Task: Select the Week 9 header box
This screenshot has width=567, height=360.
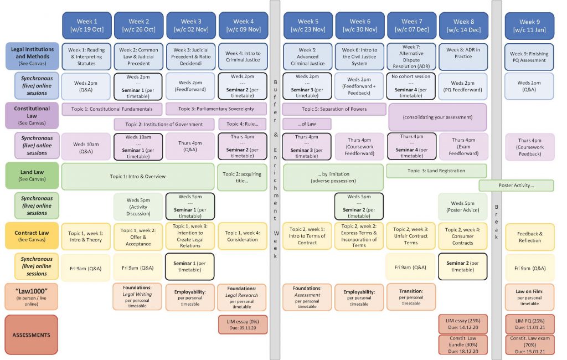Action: tap(529, 25)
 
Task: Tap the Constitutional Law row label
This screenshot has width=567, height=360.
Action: tap(32, 116)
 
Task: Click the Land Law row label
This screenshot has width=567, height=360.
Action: tap(32, 176)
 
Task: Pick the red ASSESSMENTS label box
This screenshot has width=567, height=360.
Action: tap(32, 335)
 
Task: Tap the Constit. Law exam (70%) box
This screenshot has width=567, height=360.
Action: tap(529, 344)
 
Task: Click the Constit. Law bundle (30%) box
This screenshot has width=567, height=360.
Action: tap(463, 344)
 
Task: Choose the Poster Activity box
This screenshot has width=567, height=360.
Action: tap(516, 186)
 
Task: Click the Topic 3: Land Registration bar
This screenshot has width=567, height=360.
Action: tap(436, 171)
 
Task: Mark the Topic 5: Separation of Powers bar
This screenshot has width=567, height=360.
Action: tap(334, 109)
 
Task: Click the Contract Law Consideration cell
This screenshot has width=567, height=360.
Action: tap(243, 236)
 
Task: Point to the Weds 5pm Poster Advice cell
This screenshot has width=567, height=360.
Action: tap(463, 207)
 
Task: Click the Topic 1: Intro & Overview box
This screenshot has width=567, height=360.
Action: tap(138, 177)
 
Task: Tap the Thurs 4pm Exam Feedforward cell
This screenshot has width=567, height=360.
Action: tap(463, 147)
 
